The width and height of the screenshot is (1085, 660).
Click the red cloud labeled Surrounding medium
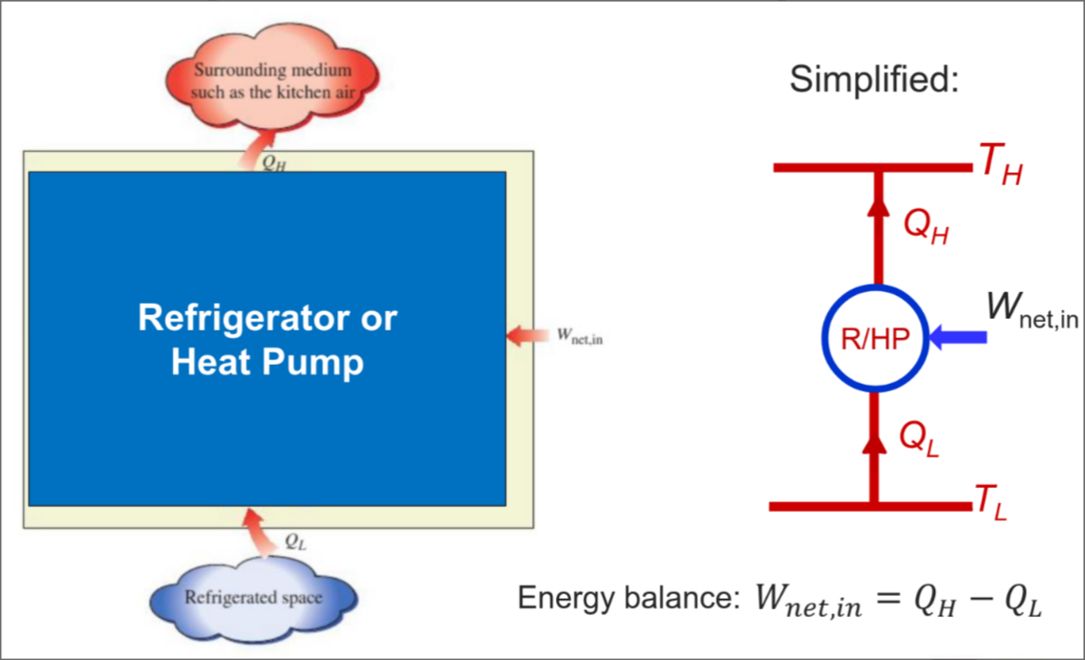click(272, 82)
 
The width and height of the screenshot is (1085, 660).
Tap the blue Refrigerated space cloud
click(253, 599)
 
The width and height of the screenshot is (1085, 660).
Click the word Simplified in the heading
click(873, 80)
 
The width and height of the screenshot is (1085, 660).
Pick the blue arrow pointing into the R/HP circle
click(957, 336)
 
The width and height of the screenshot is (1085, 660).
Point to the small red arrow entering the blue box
click(523, 336)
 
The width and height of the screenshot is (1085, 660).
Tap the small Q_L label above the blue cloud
click(296, 540)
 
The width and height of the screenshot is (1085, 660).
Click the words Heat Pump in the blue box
click(267, 363)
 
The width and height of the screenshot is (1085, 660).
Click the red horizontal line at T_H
click(821, 167)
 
